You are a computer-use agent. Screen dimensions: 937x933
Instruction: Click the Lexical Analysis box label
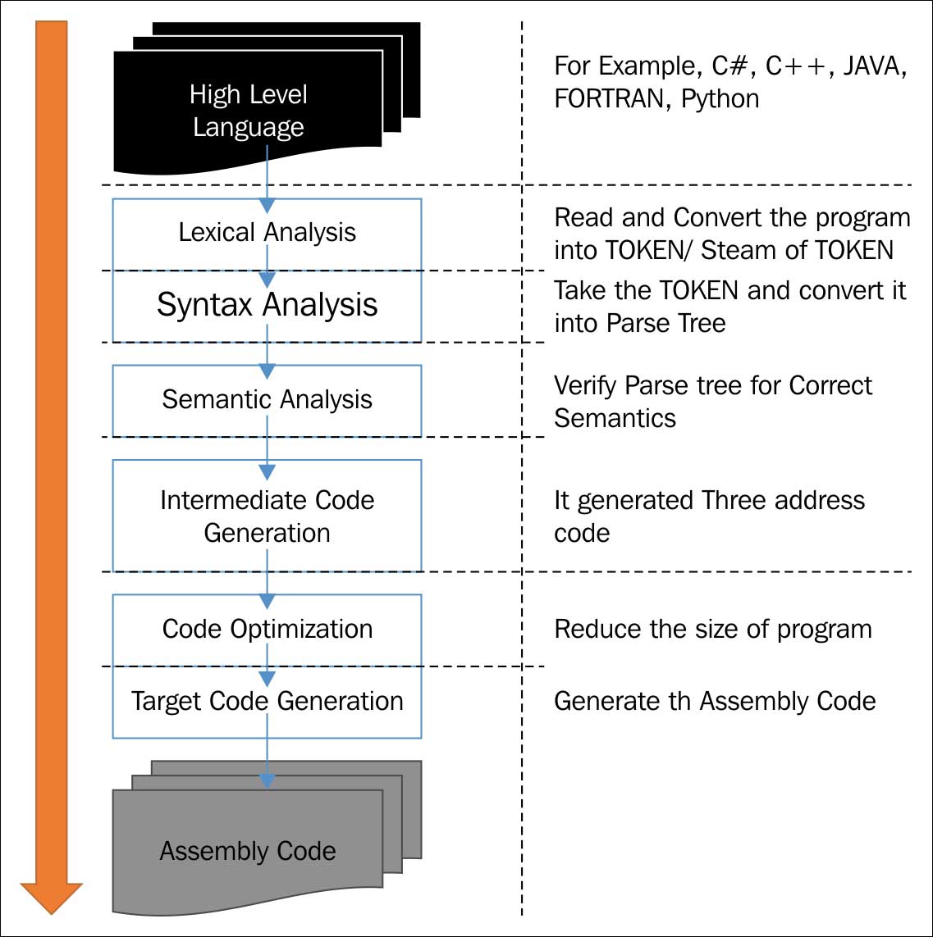(x=267, y=233)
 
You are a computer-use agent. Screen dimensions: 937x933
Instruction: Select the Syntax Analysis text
(x=267, y=305)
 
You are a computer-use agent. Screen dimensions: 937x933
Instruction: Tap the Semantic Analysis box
(x=267, y=400)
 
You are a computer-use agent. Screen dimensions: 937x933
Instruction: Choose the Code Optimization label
(x=267, y=630)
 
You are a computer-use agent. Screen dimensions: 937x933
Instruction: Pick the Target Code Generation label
(x=267, y=702)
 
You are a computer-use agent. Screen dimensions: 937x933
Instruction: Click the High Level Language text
(x=248, y=111)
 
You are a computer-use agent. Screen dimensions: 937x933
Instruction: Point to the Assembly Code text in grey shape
(x=248, y=851)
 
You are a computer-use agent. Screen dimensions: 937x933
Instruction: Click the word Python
(x=720, y=100)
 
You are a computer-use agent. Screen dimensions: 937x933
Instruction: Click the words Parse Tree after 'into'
(x=666, y=323)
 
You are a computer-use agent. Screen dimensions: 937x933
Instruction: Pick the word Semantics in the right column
(x=615, y=418)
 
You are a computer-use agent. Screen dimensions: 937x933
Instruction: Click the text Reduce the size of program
(x=712, y=630)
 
